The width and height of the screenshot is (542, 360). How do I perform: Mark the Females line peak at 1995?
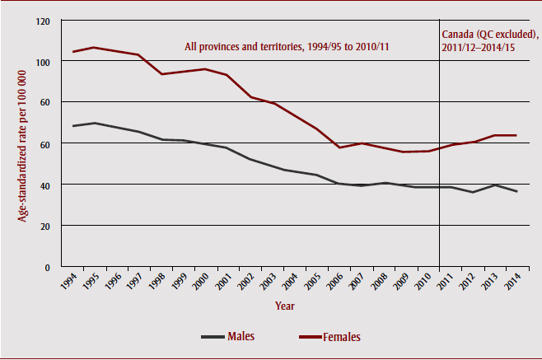[96, 48]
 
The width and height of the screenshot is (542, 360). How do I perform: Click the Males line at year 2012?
[471, 192]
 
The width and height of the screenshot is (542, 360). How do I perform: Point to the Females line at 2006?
[339, 147]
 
